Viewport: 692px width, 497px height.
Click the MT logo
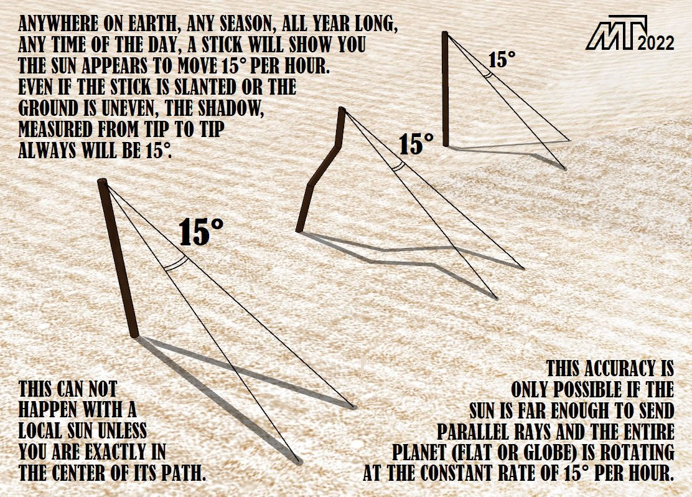point(617,32)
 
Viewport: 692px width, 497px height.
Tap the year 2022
point(656,43)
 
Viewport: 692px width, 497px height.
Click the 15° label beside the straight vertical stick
point(502,60)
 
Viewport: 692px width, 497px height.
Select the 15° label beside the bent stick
point(416,144)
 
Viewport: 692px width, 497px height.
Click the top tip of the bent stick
point(342,109)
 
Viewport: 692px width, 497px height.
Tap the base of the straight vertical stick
point(446,144)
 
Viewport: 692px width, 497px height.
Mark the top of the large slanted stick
point(103,182)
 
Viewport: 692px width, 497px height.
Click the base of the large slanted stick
point(134,334)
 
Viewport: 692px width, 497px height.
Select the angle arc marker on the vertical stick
point(487,74)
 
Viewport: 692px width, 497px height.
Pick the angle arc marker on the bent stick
point(398,166)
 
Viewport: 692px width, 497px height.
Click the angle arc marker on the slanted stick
point(176,263)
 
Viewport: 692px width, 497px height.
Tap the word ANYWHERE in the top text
point(58,25)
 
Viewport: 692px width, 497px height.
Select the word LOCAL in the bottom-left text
point(40,430)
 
